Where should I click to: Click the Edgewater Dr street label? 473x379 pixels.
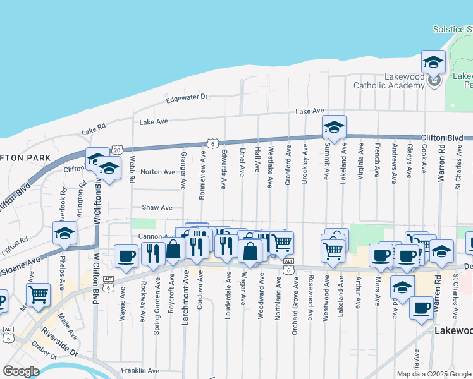(187, 97)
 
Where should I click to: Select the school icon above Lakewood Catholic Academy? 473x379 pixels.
(434, 62)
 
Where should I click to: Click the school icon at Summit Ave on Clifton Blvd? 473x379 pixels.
(334, 128)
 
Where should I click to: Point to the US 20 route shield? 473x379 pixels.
(117, 150)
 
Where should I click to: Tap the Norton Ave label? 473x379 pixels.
(157, 172)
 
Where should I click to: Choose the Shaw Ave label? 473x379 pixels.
(157, 207)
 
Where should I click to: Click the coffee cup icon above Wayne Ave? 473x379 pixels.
(126, 256)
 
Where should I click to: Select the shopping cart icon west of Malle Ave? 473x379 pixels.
(38, 294)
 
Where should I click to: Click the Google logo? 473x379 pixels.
(21, 371)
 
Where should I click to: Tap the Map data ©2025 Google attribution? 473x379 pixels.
(434, 374)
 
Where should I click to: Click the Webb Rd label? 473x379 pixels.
(132, 169)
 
